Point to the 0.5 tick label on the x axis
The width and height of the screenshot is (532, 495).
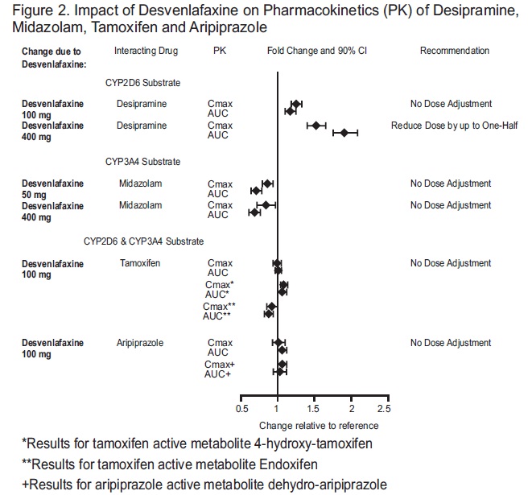click(x=241, y=408)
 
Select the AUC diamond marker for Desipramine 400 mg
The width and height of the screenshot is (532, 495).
click(x=344, y=133)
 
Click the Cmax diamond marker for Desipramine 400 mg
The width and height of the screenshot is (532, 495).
click(x=315, y=126)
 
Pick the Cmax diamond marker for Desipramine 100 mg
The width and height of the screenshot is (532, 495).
click(x=296, y=104)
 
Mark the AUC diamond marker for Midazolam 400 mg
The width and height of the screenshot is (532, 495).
click(x=255, y=212)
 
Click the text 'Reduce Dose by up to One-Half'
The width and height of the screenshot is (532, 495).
click(x=453, y=126)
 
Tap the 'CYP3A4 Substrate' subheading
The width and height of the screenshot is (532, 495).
click(x=142, y=162)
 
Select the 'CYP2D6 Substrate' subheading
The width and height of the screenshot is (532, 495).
click(x=142, y=82)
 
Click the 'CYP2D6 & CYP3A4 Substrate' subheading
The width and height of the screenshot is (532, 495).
click(x=143, y=241)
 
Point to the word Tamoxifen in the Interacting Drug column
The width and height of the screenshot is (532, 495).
click(x=140, y=263)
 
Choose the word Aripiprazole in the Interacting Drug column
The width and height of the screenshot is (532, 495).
click(x=140, y=343)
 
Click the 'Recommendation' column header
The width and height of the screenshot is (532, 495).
click(x=455, y=51)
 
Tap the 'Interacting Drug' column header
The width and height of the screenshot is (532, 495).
click(x=145, y=51)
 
